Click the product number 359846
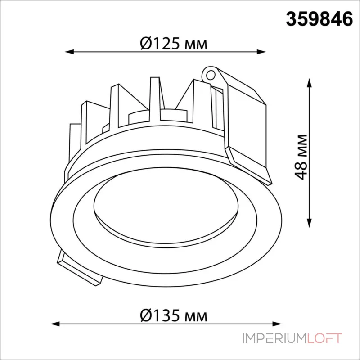pyautogui.click(x=319, y=19)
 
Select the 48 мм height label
pyautogui.click(x=301, y=157)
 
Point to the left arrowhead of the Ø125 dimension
pyautogui.click(x=69, y=52)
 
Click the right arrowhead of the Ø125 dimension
pyautogui.click(x=261, y=52)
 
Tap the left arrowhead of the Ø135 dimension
pyautogui.click(x=55, y=324)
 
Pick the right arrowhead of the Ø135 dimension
pyautogui.click(x=277, y=324)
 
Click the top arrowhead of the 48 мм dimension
pyautogui.click(x=310, y=83)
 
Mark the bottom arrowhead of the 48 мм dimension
pyautogui.click(x=310, y=223)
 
